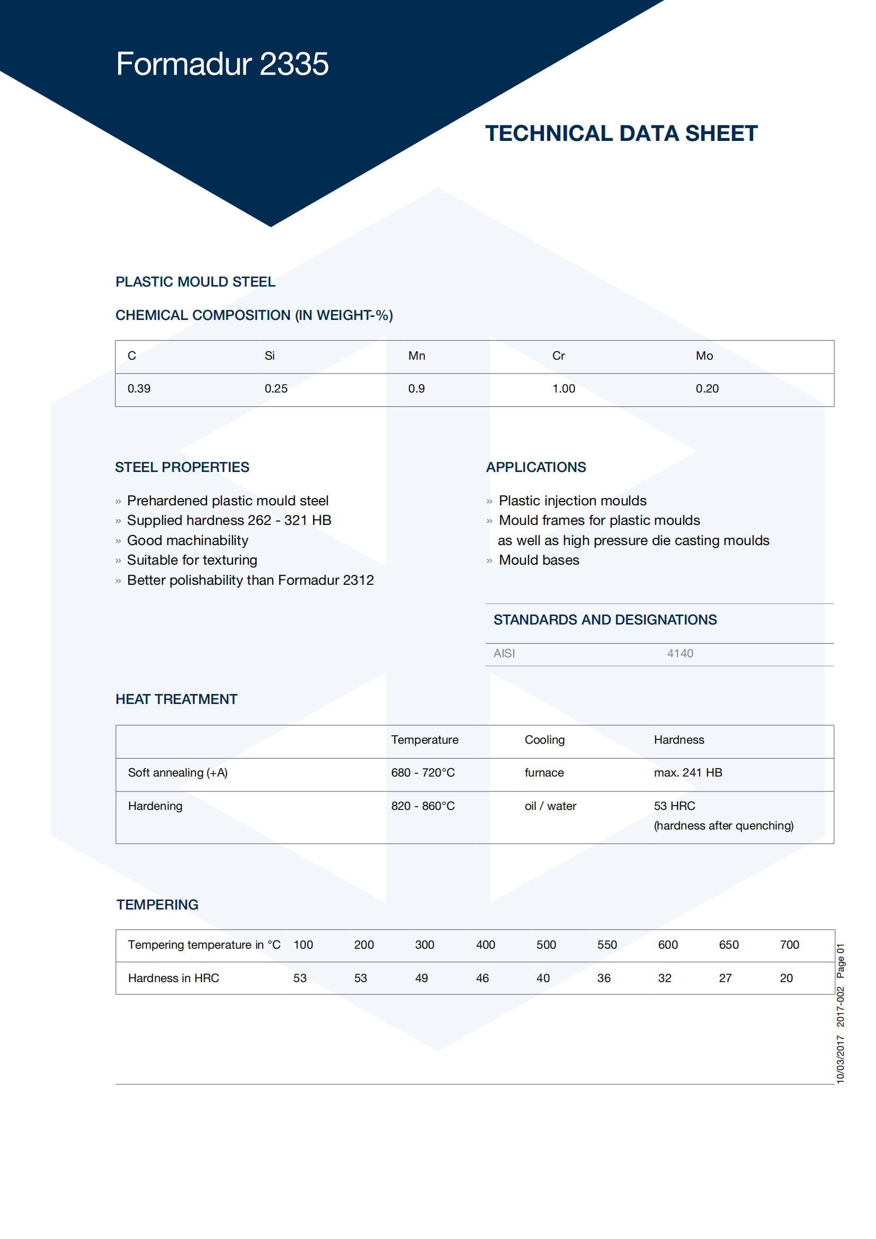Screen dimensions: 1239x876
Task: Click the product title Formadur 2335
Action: pyautogui.click(x=222, y=64)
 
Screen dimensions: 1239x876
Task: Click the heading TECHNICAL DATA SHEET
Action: pyautogui.click(x=621, y=133)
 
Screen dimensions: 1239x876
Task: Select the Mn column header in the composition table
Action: pyautogui.click(x=416, y=355)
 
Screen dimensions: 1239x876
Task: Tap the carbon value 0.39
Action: pyautogui.click(x=139, y=388)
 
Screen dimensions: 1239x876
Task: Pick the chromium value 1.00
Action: pyautogui.click(x=563, y=388)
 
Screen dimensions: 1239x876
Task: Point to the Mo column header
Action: pyautogui.click(x=704, y=355)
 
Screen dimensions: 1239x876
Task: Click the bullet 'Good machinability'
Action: pyautogui.click(x=187, y=540)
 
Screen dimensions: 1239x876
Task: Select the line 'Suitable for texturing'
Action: pyautogui.click(x=192, y=560)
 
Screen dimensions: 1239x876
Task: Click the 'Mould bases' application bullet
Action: pyautogui.click(x=538, y=560)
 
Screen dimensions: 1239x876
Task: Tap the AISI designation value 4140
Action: pyautogui.click(x=680, y=654)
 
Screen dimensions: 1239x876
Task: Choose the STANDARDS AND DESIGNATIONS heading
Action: pyautogui.click(x=605, y=620)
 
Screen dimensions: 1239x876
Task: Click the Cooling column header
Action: pyautogui.click(x=544, y=740)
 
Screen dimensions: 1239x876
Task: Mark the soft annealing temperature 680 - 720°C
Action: pyautogui.click(x=423, y=773)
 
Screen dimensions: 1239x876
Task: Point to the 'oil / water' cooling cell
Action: pyautogui.click(x=550, y=806)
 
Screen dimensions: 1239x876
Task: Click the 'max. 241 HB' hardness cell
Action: pyautogui.click(x=688, y=773)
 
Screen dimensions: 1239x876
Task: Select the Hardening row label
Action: pyautogui.click(x=155, y=806)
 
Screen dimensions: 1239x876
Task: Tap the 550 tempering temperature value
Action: pyautogui.click(x=607, y=945)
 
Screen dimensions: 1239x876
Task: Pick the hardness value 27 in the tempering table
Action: pyautogui.click(x=725, y=978)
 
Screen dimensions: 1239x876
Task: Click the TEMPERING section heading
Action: pyautogui.click(x=157, y=905)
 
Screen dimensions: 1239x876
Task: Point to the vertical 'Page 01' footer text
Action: pyautogui.click(x=840, y=961)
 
